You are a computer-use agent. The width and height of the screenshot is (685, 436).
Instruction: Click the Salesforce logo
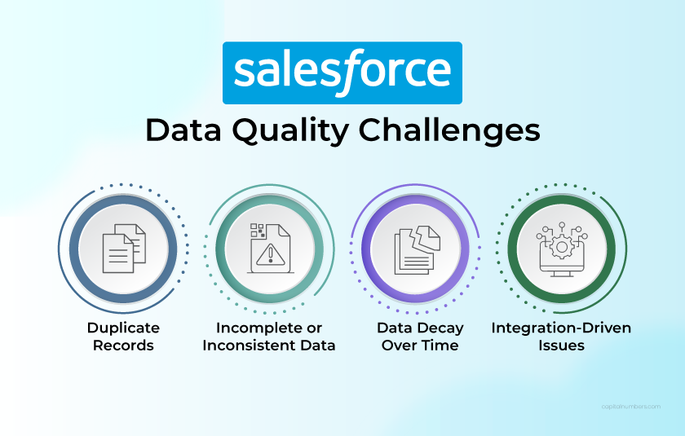tap(342, 73)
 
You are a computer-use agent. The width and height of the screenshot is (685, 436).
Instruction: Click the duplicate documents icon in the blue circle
tap(123, 248)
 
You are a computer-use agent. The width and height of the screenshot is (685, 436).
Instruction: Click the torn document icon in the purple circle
tap(415, 248)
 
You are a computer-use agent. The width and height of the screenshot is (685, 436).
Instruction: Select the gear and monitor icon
tap(561, 248)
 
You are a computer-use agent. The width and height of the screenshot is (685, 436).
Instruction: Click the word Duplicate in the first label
tap(123, 328)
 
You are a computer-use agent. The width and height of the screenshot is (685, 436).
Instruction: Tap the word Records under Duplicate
tap(123, 345)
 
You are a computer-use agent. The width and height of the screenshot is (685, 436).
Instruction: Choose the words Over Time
tap(418, 345)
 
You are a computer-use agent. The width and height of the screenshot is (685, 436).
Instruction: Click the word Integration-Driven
tap(561, 328)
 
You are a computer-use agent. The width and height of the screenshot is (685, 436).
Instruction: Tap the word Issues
tap(561, 345)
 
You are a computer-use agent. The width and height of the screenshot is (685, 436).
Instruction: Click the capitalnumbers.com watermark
tap(630, 406)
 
